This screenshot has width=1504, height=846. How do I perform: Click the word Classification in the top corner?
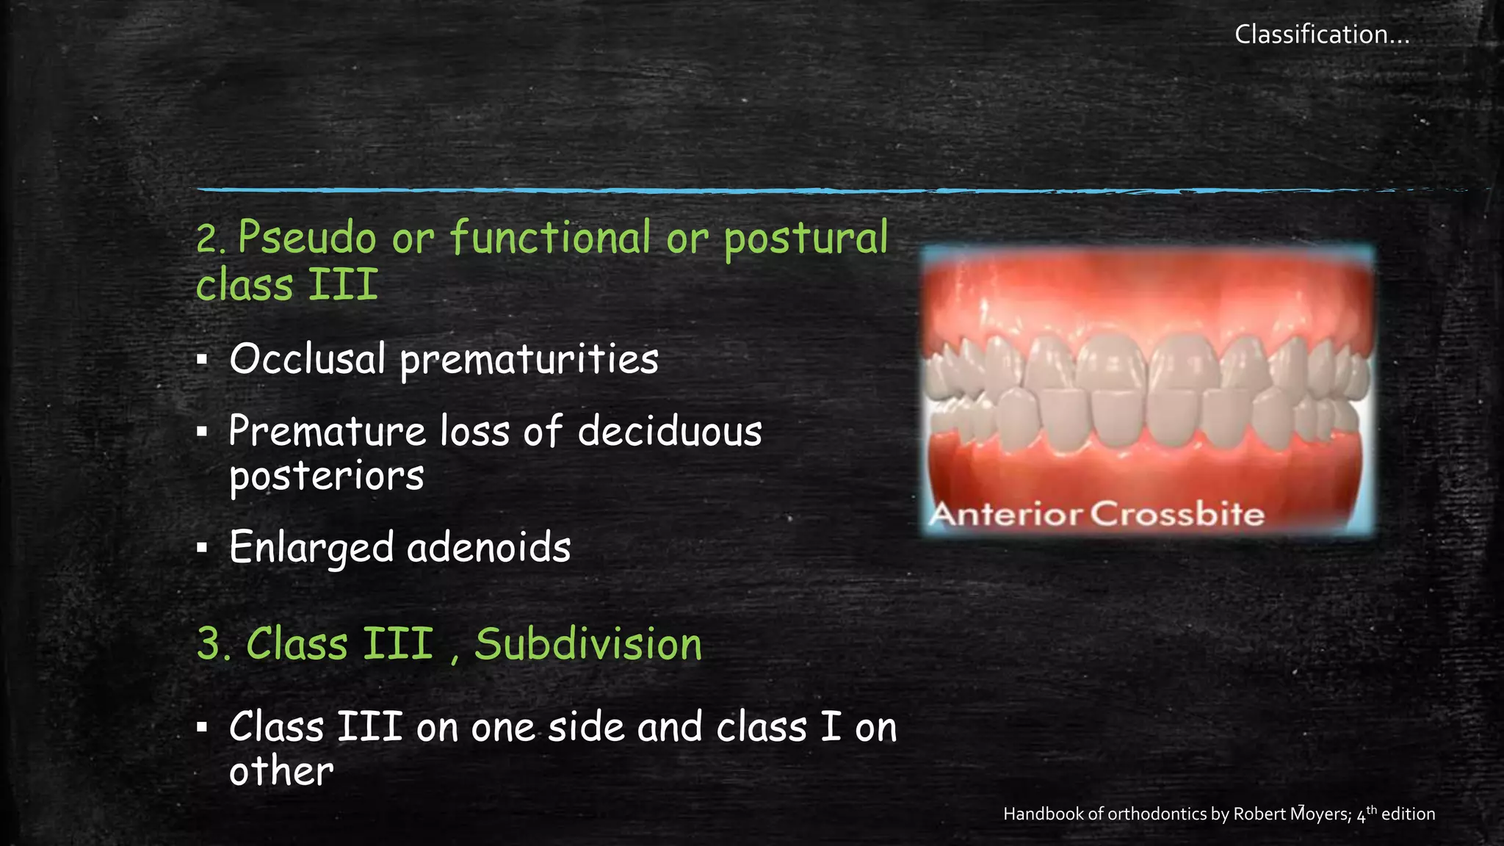click(x=1310, y=35)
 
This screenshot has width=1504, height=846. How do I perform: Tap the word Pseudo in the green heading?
click(x=307, y=237)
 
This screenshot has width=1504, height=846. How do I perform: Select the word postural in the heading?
click(x=806, y=237)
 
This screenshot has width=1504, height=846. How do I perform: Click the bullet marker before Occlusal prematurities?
click(x=203, y=360)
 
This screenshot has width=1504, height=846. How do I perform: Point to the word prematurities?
click(x=529, y=360)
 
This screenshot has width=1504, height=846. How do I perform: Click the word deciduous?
click(x=670, y=431)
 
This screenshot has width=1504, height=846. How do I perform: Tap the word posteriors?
click(x=327, y=477)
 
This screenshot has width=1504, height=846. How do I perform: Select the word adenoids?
click(x=488, y=548)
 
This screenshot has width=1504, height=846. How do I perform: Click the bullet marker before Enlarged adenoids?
click(x=203, y=548)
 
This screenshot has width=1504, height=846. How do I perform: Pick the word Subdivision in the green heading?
click(x=588, y=645)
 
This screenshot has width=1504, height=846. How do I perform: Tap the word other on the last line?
click(x=281, y=772)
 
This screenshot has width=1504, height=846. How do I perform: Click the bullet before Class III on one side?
click(x=203, y=728)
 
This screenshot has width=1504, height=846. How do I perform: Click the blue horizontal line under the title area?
click(x=661, y=190)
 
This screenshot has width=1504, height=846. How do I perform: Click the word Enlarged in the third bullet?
click(x=311, y=548)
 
